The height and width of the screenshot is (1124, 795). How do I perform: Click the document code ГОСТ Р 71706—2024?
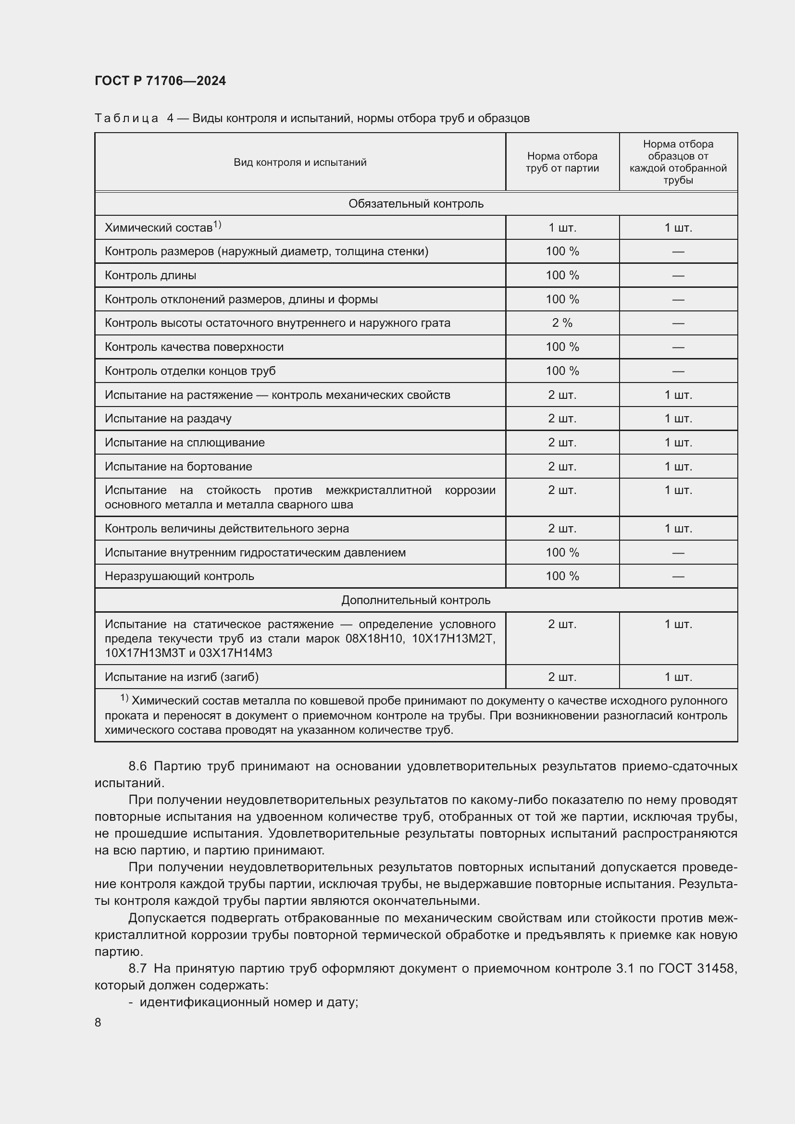coord(160,81)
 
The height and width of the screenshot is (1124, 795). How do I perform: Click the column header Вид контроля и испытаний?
coord(299,162)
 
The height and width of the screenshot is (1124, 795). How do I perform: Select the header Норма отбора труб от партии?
coord(562,162)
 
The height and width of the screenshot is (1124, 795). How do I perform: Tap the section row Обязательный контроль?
coord(416,204)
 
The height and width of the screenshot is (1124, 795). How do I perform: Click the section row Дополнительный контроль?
coord(416,600)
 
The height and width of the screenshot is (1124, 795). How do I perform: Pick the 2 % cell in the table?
coord(562,323)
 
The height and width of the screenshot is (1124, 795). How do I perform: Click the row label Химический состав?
coord(159,228)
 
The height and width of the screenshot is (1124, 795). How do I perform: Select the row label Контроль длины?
coord(150,276)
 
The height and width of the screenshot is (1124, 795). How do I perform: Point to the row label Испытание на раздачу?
coord(168,419)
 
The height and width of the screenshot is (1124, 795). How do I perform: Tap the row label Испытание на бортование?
coord(178,467)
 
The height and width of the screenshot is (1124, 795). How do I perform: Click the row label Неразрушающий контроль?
coord(179,576)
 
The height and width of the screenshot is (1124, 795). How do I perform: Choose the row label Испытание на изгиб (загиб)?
coord(182,677)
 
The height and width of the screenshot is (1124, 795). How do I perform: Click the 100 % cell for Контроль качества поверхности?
coord(562,347)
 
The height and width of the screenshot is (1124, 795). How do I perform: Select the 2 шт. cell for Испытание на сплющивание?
coord(562,443)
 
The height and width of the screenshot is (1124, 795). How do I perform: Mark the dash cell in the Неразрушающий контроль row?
coord(678,577)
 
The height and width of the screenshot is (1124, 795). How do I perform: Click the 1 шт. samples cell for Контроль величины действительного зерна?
coord(678,529)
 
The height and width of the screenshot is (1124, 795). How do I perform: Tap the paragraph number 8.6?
coord(137,766)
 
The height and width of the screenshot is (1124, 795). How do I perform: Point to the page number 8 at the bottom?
coord(98,1023)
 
